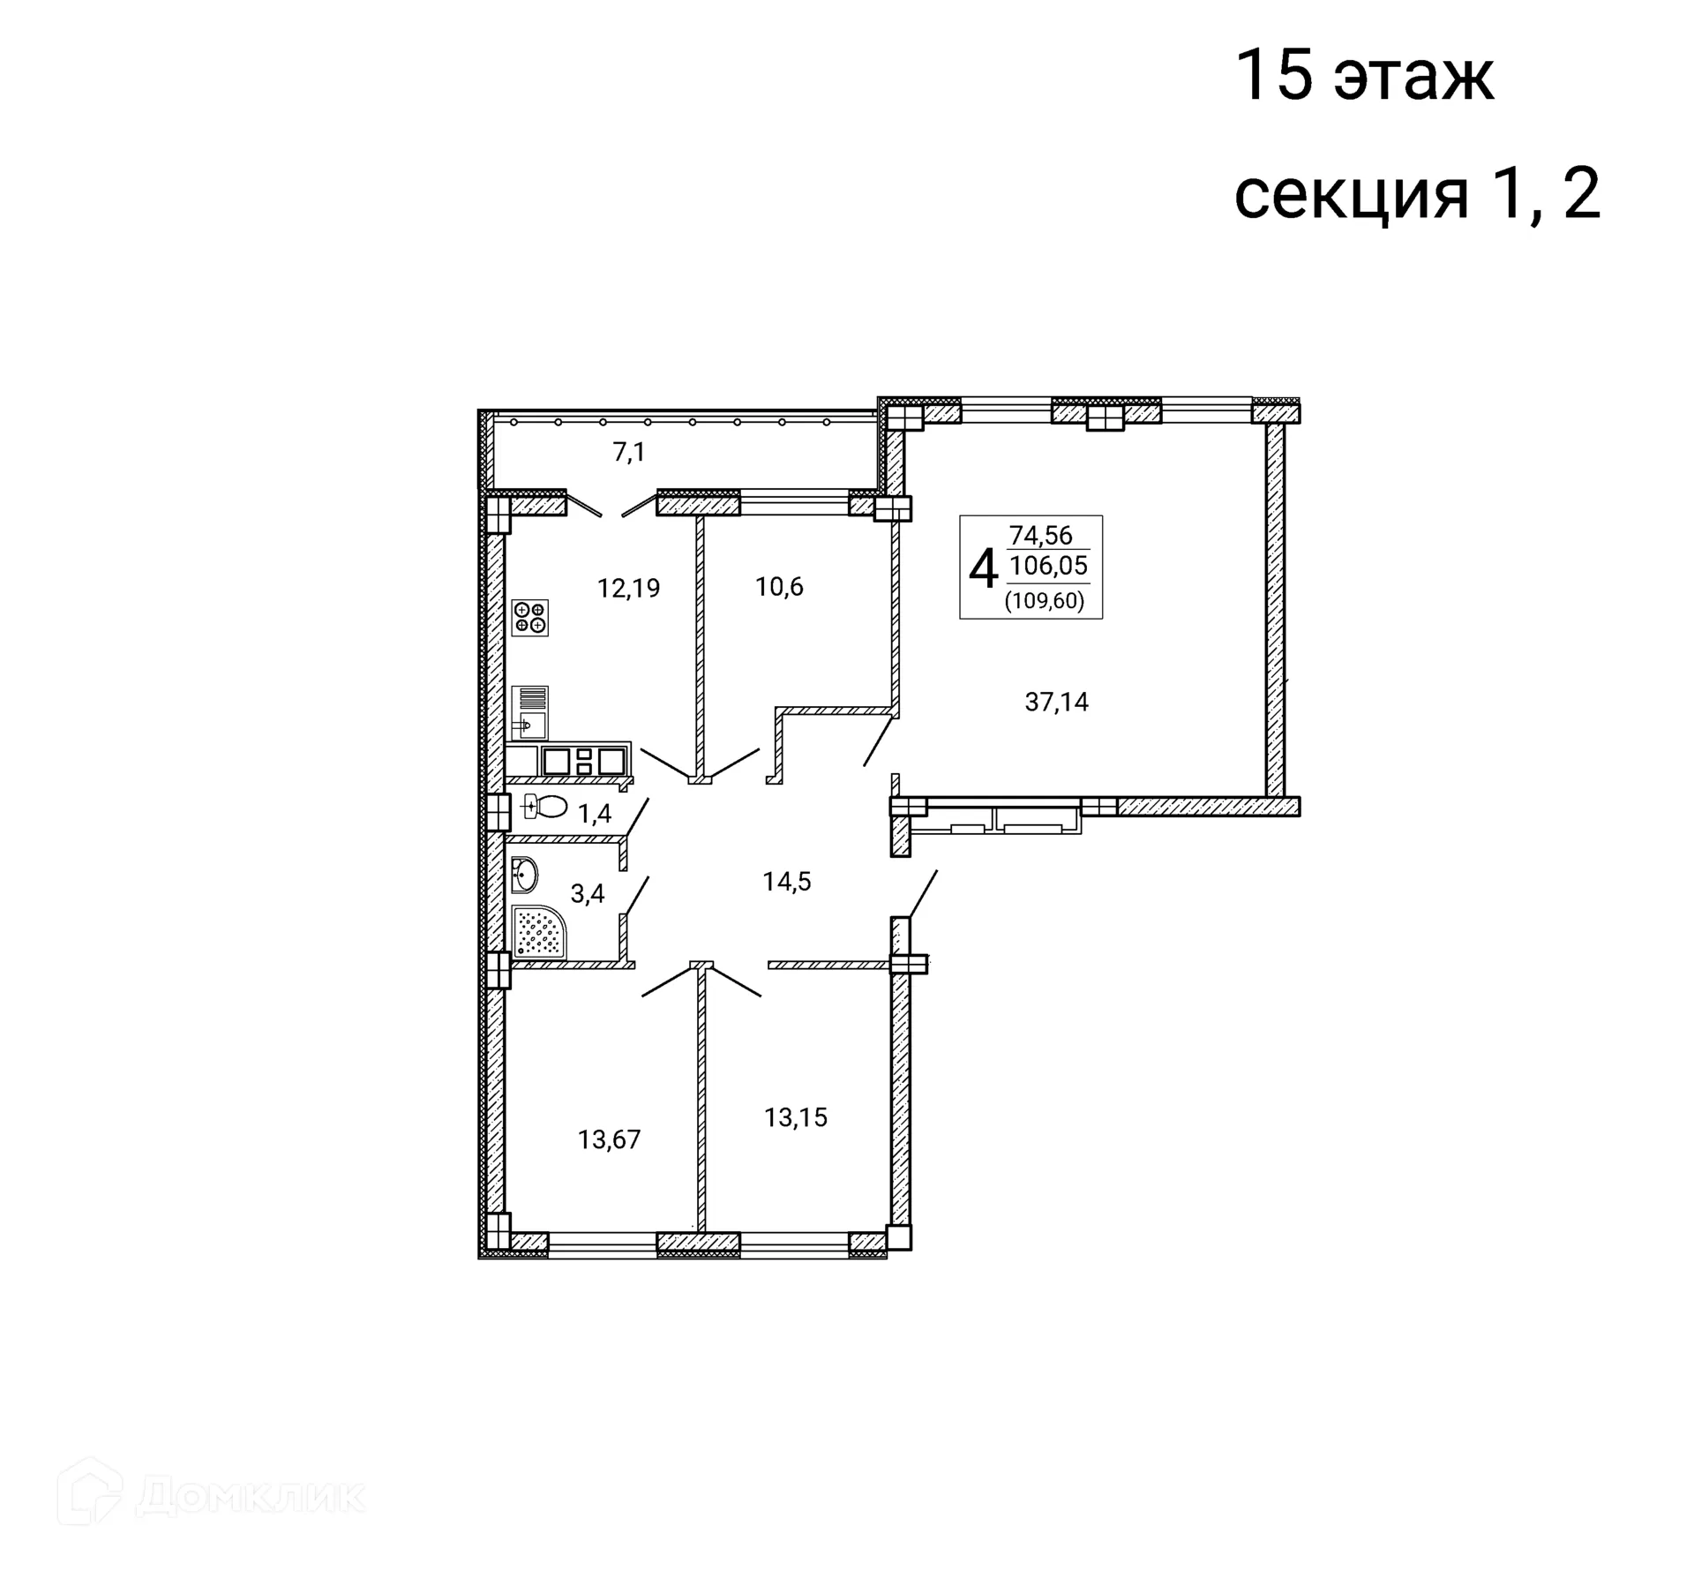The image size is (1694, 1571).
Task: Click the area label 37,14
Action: (1056, 703)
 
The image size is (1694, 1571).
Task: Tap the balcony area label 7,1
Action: (629, 453)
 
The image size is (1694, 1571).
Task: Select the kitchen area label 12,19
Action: (628, 588)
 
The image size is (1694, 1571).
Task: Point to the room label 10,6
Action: (779, 587)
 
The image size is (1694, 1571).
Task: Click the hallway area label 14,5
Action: (787, 882)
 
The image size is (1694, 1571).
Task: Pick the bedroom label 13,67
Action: (609, 1140)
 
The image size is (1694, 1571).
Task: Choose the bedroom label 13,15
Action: (795, 1118)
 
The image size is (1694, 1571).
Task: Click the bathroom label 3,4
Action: (588, 894)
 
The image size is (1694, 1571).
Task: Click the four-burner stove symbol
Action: (530, 617)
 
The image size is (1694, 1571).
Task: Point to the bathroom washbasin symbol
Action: (524, 876)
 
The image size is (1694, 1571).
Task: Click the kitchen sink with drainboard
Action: (529, 712)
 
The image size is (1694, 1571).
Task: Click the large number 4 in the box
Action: (983, 568)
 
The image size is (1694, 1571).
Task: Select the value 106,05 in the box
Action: (1048, 566)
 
